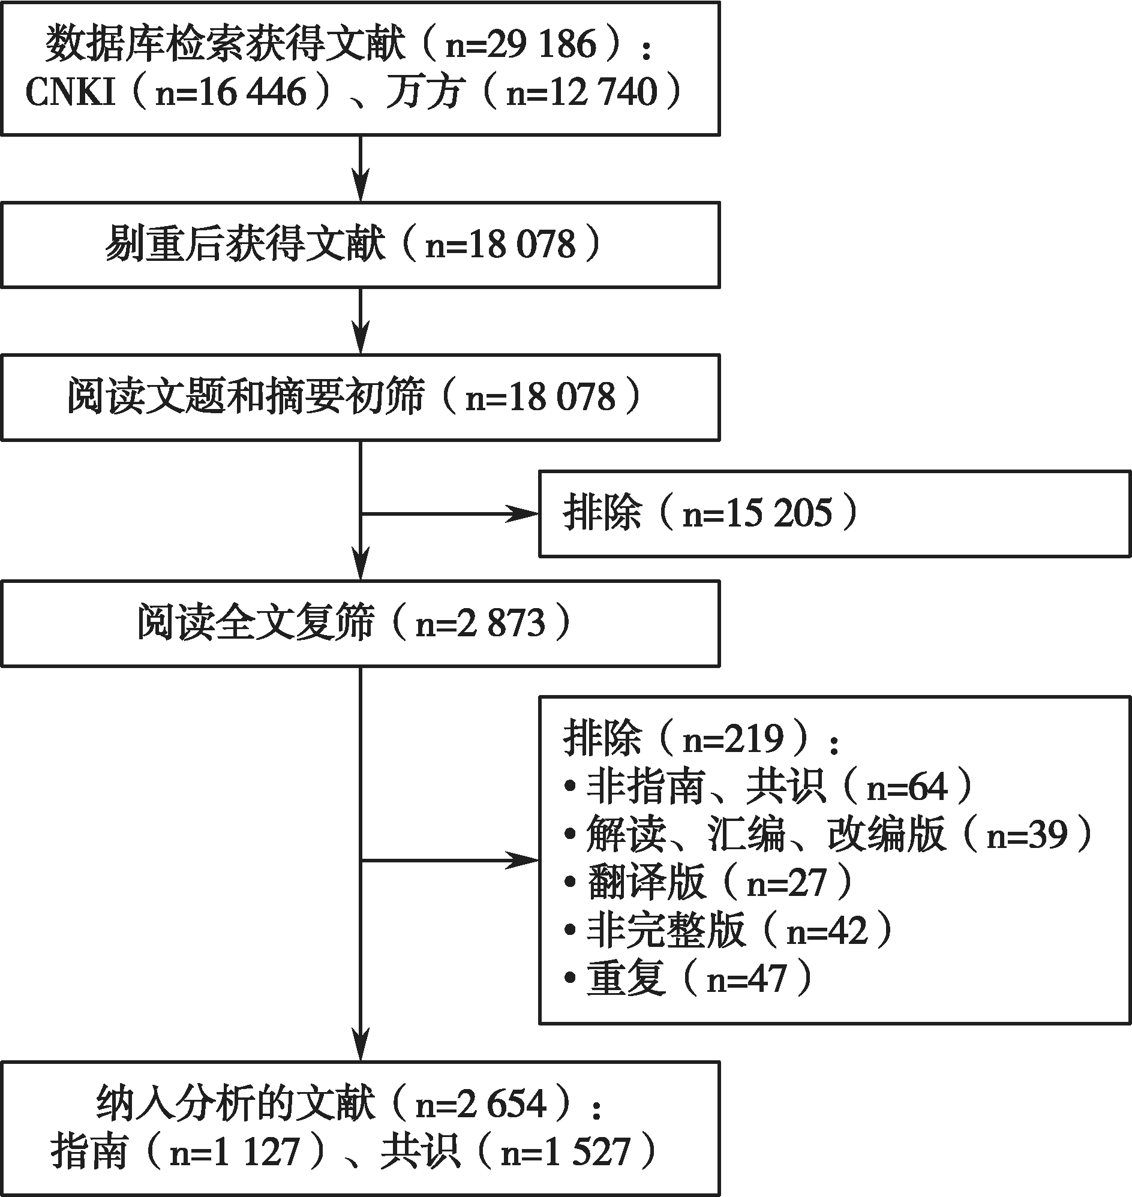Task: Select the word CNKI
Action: coord(71,93)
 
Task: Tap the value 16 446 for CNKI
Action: coord(252,93)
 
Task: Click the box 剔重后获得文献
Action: coord(361,245)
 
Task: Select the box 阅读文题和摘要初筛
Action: coord(361,398)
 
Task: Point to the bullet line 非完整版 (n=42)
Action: coord(728,930)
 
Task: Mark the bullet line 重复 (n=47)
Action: coord(688,978)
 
